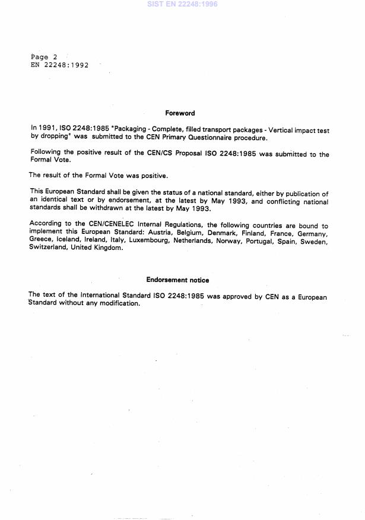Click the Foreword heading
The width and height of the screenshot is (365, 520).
179,113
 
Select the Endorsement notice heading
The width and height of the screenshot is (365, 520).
177,280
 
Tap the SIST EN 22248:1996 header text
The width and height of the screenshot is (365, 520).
182,4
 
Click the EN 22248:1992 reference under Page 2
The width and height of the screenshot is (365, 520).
59,65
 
